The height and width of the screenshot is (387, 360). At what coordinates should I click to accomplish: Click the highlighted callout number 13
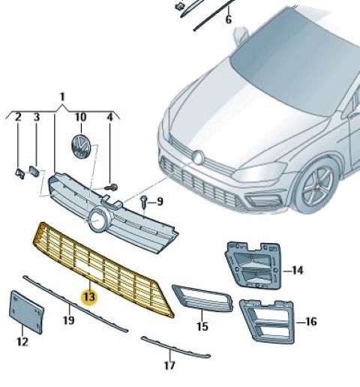click(x=89, y=297)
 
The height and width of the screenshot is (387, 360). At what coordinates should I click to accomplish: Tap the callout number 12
click(x=22, y=342)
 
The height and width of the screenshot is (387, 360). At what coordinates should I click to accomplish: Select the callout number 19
click(x=69, y=320)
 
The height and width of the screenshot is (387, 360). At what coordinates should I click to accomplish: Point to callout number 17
click(x=169, y=365)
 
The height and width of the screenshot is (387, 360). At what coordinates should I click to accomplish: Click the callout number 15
click(x=202, y=326)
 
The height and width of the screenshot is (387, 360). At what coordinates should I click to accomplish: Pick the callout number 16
click(x=310, y=322)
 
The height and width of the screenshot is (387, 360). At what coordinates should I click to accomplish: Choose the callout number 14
click(x=298, y=271)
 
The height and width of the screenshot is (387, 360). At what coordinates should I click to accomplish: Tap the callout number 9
click(x=160, y=201)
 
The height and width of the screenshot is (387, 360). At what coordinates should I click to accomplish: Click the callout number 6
click(x=229, y=19)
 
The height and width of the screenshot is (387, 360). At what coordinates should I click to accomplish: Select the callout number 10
click(x=81, y=117)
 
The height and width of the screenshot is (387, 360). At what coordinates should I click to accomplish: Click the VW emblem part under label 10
click(x=80, y=146)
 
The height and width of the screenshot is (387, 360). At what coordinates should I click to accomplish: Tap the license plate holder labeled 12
click(x=26, y=312)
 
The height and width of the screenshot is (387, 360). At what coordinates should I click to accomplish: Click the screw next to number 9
click(x=144, y=201)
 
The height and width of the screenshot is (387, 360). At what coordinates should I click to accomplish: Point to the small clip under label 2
click(x=19, y=173)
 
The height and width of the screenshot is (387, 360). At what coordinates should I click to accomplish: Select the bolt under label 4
click(x=112, y=187)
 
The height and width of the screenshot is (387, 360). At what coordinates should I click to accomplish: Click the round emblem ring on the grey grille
click(x=97, y=219)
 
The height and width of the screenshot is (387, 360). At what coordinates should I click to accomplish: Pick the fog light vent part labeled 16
click(x=267, y=321)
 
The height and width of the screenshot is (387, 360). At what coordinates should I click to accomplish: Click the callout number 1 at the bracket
click(x=62, y=97)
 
